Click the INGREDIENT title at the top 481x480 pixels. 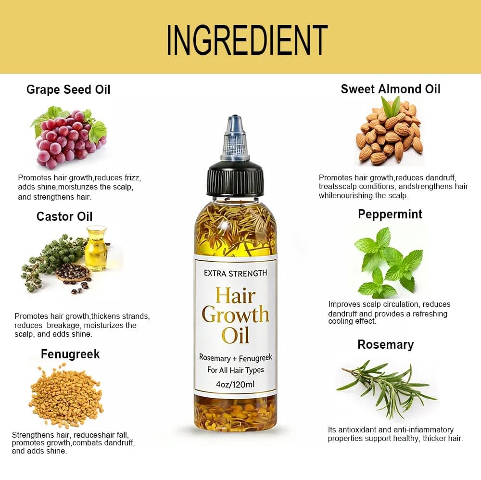[247, 40]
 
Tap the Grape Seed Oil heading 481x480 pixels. [68, 89]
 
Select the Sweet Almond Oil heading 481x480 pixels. [391, 89]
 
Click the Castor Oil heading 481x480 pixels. [64, 216]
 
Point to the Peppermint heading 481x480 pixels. [390, 215]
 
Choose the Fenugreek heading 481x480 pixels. [70, 354]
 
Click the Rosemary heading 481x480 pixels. [386, 345]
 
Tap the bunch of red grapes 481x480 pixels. [69, 138]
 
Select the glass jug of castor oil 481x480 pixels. [96, 249]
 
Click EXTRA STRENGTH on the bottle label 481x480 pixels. [236, 273]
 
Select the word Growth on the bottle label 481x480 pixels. [235, 315]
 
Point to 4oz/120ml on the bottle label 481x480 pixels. [235, 384]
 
